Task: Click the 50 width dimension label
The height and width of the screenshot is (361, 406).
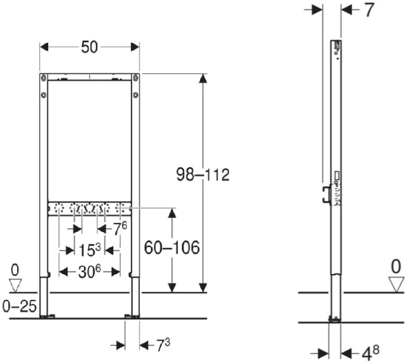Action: [89, 47]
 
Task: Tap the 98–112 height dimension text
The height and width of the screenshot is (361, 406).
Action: [203, 174]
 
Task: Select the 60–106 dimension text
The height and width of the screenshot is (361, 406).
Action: [172, 248]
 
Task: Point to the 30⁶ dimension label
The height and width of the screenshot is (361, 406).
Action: [89, 272]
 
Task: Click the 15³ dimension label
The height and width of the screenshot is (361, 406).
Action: [89, 250]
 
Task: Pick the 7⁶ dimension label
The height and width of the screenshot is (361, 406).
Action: [120, 229]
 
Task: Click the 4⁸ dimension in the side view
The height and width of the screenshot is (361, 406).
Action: [371, 353]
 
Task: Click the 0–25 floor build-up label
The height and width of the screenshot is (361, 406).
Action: [19, 306]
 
